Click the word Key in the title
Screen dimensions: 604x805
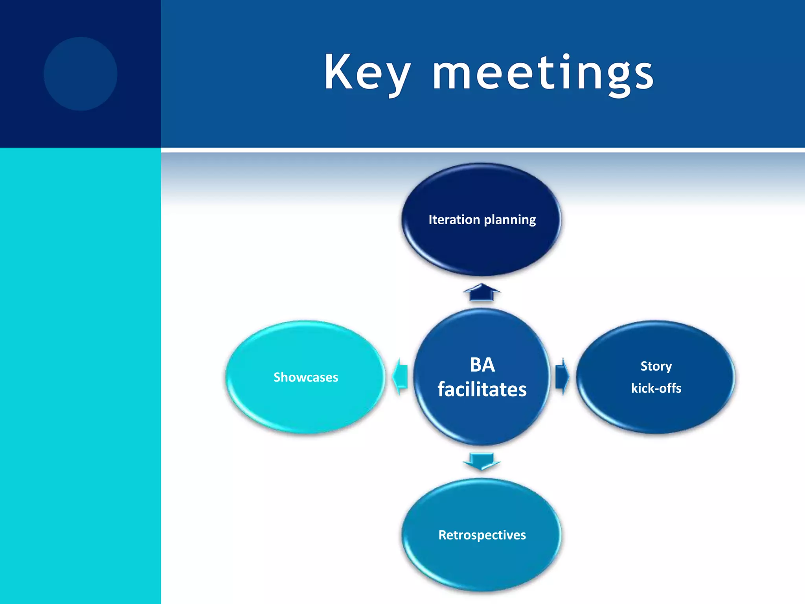coord(368,73)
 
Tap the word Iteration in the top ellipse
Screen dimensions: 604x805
coord(454,219)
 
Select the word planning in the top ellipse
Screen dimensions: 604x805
coord(510,220)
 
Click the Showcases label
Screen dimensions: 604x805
coord(306,377)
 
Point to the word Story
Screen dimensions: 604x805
coord(656,366)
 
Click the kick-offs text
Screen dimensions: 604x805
coord(656,388)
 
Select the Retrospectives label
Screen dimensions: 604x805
coord(482,535)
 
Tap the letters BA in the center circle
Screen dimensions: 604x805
coord(482,365)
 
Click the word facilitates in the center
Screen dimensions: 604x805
coord(482,389)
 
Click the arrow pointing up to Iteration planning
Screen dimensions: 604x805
coord(482,293)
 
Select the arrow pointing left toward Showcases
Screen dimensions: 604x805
coord(401,376)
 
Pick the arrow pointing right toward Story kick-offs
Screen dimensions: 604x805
coord(562,376)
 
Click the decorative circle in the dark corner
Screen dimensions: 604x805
coord(81,74)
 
